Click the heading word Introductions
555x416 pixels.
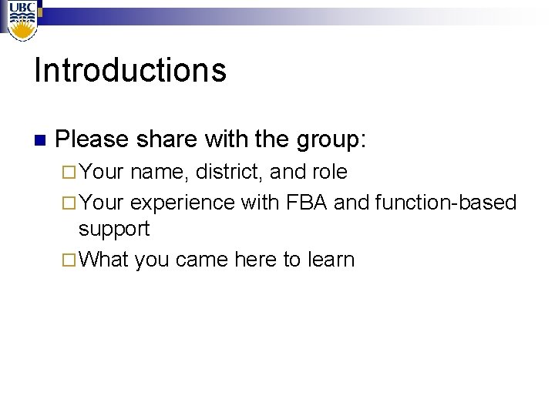130,70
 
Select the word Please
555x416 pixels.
92,139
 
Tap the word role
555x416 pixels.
329,172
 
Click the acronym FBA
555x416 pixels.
306,202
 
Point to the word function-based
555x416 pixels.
445,202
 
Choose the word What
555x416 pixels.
103,260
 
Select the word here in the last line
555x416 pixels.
257,260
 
